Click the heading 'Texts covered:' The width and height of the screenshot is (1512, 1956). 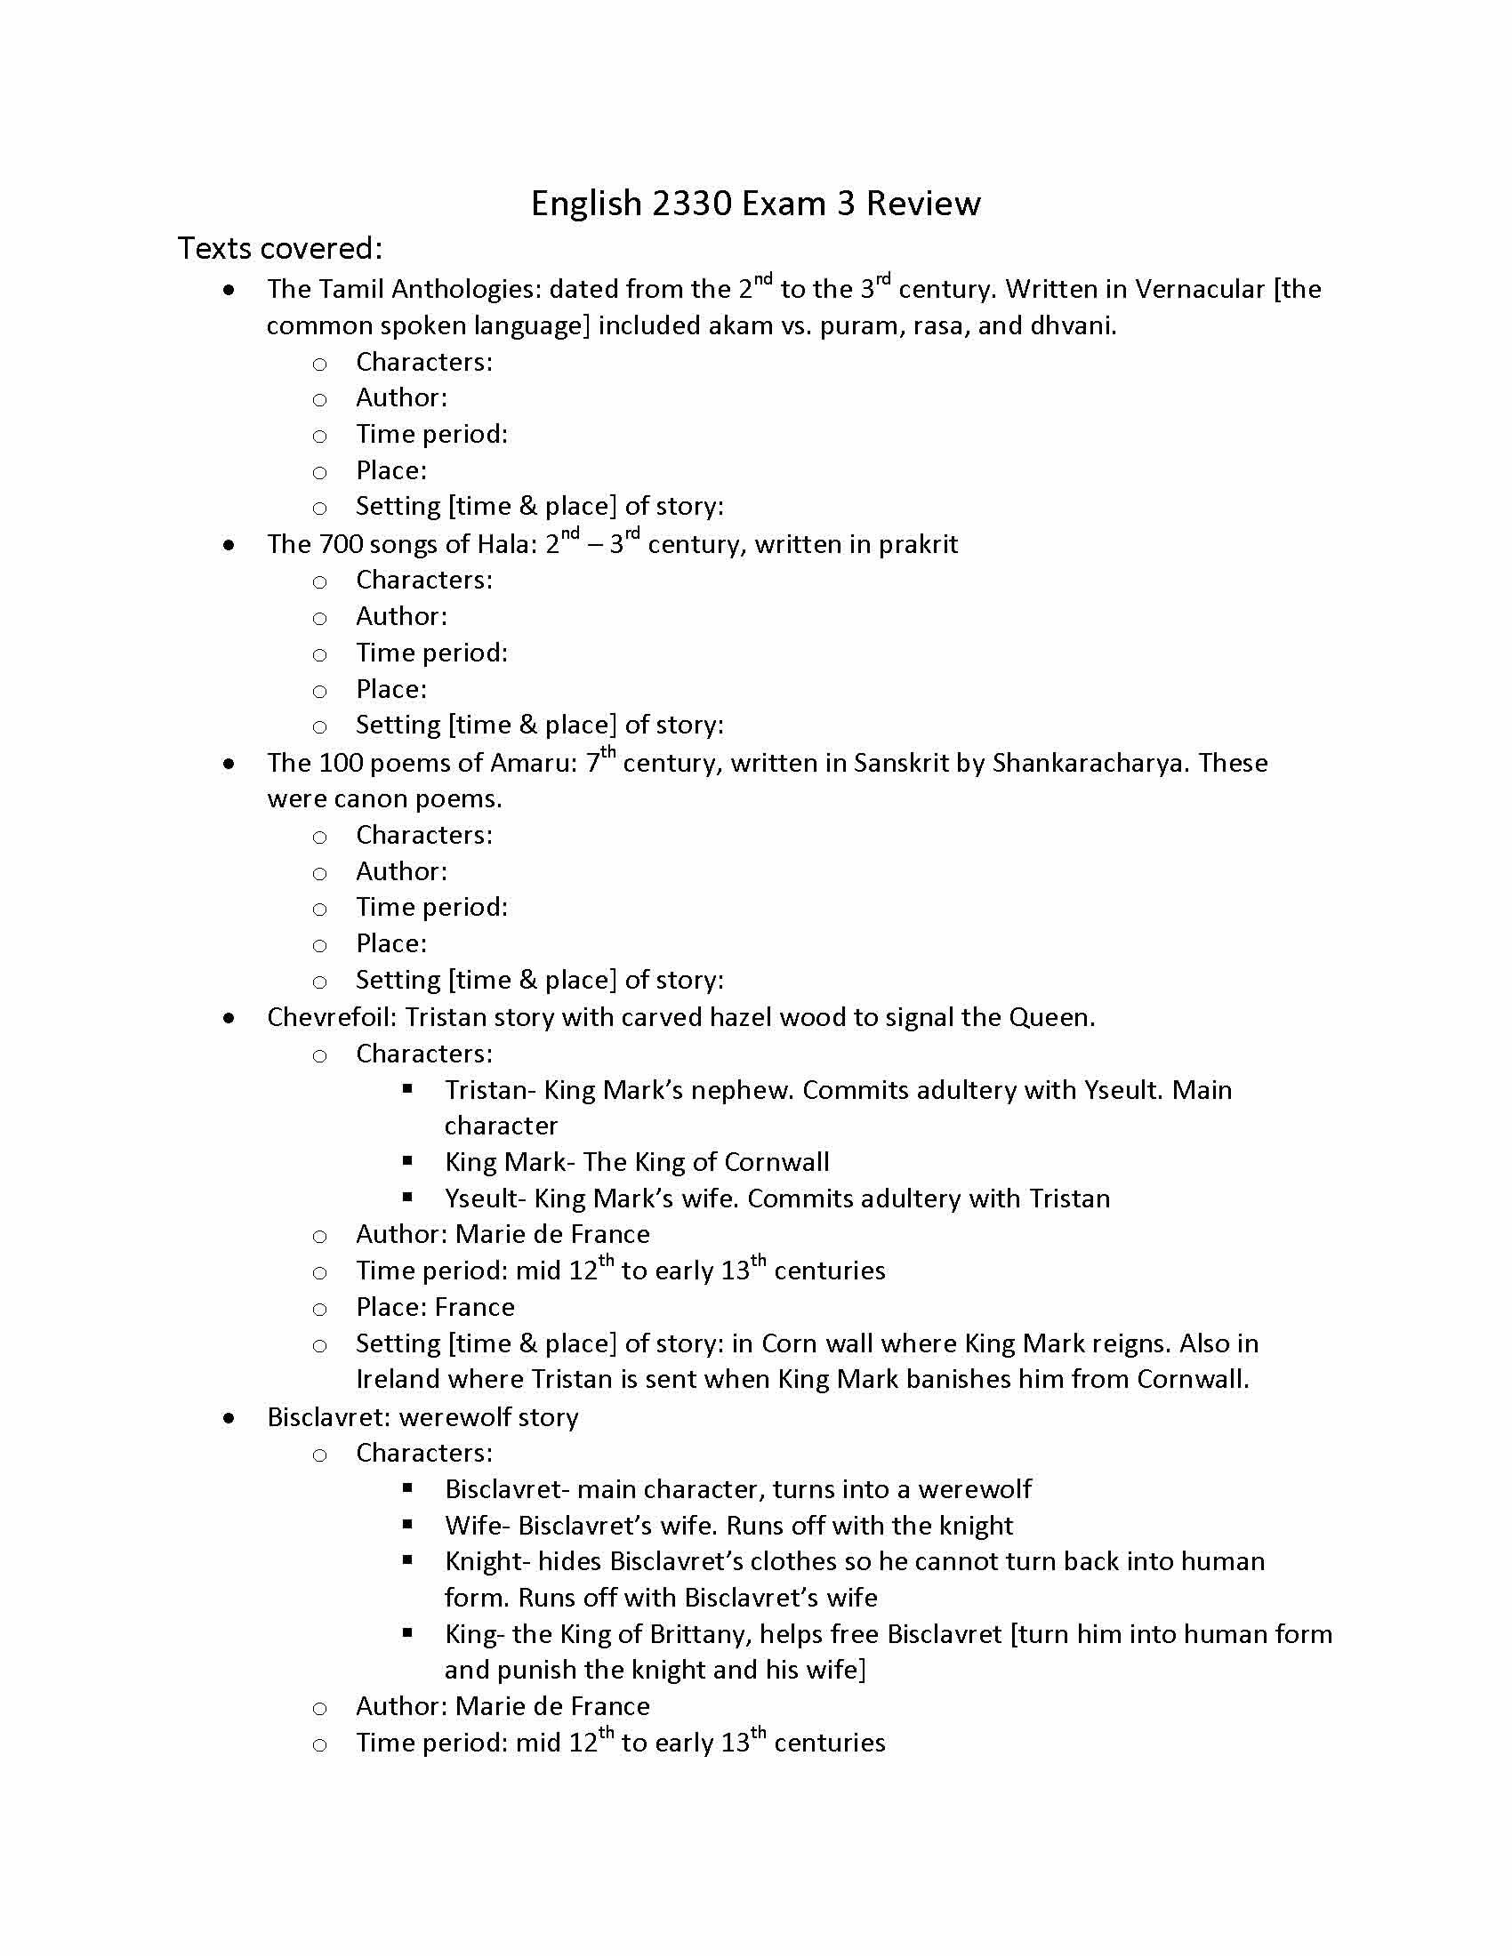279,248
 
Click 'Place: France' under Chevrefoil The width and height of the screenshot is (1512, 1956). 435,1307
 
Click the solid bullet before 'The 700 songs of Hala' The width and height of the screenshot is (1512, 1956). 230,545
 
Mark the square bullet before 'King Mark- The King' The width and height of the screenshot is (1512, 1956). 407,1162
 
